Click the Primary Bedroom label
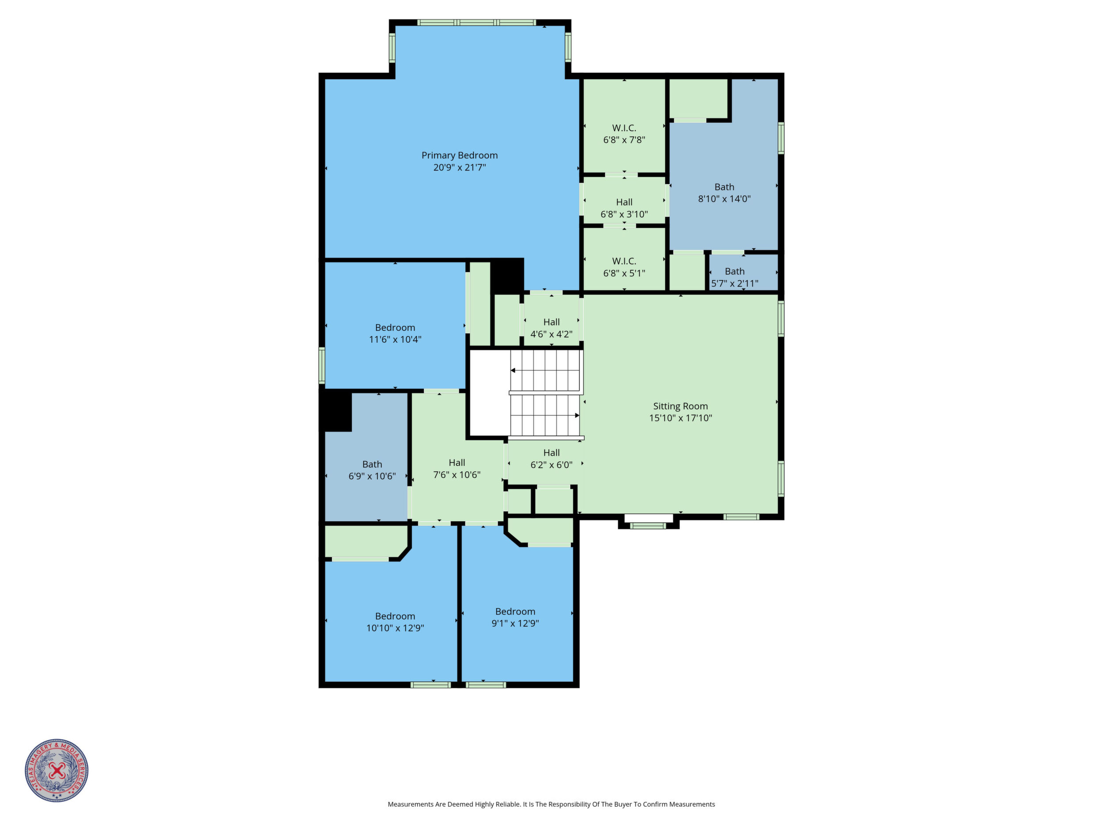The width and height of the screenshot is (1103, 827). point(459,156)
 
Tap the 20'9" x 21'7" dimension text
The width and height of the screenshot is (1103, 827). point(459,167)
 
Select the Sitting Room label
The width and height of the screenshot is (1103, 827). point(680,406)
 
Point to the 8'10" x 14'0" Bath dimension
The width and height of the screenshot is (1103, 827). point(724,199)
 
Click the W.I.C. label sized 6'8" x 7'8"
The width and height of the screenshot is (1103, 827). point(624,128)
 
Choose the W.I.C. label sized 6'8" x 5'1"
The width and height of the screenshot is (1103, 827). point(624,261)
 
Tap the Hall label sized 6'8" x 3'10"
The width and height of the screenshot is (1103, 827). point(624,202)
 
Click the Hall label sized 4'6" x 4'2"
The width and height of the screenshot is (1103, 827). point(551,322)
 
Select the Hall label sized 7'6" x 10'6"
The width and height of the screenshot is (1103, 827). point(457,463)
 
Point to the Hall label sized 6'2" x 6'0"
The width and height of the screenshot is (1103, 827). point(551,453)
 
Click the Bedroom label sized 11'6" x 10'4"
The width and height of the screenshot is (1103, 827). point(395,327)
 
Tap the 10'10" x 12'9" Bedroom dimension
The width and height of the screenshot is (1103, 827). point(395,628)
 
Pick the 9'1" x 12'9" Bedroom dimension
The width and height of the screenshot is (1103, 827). point(515,623)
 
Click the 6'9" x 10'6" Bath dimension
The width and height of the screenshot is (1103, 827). point(372,476)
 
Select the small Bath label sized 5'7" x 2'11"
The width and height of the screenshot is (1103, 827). point(734,272)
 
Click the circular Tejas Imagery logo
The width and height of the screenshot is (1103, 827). point(57,770)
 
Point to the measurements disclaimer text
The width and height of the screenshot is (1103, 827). point(551,804)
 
